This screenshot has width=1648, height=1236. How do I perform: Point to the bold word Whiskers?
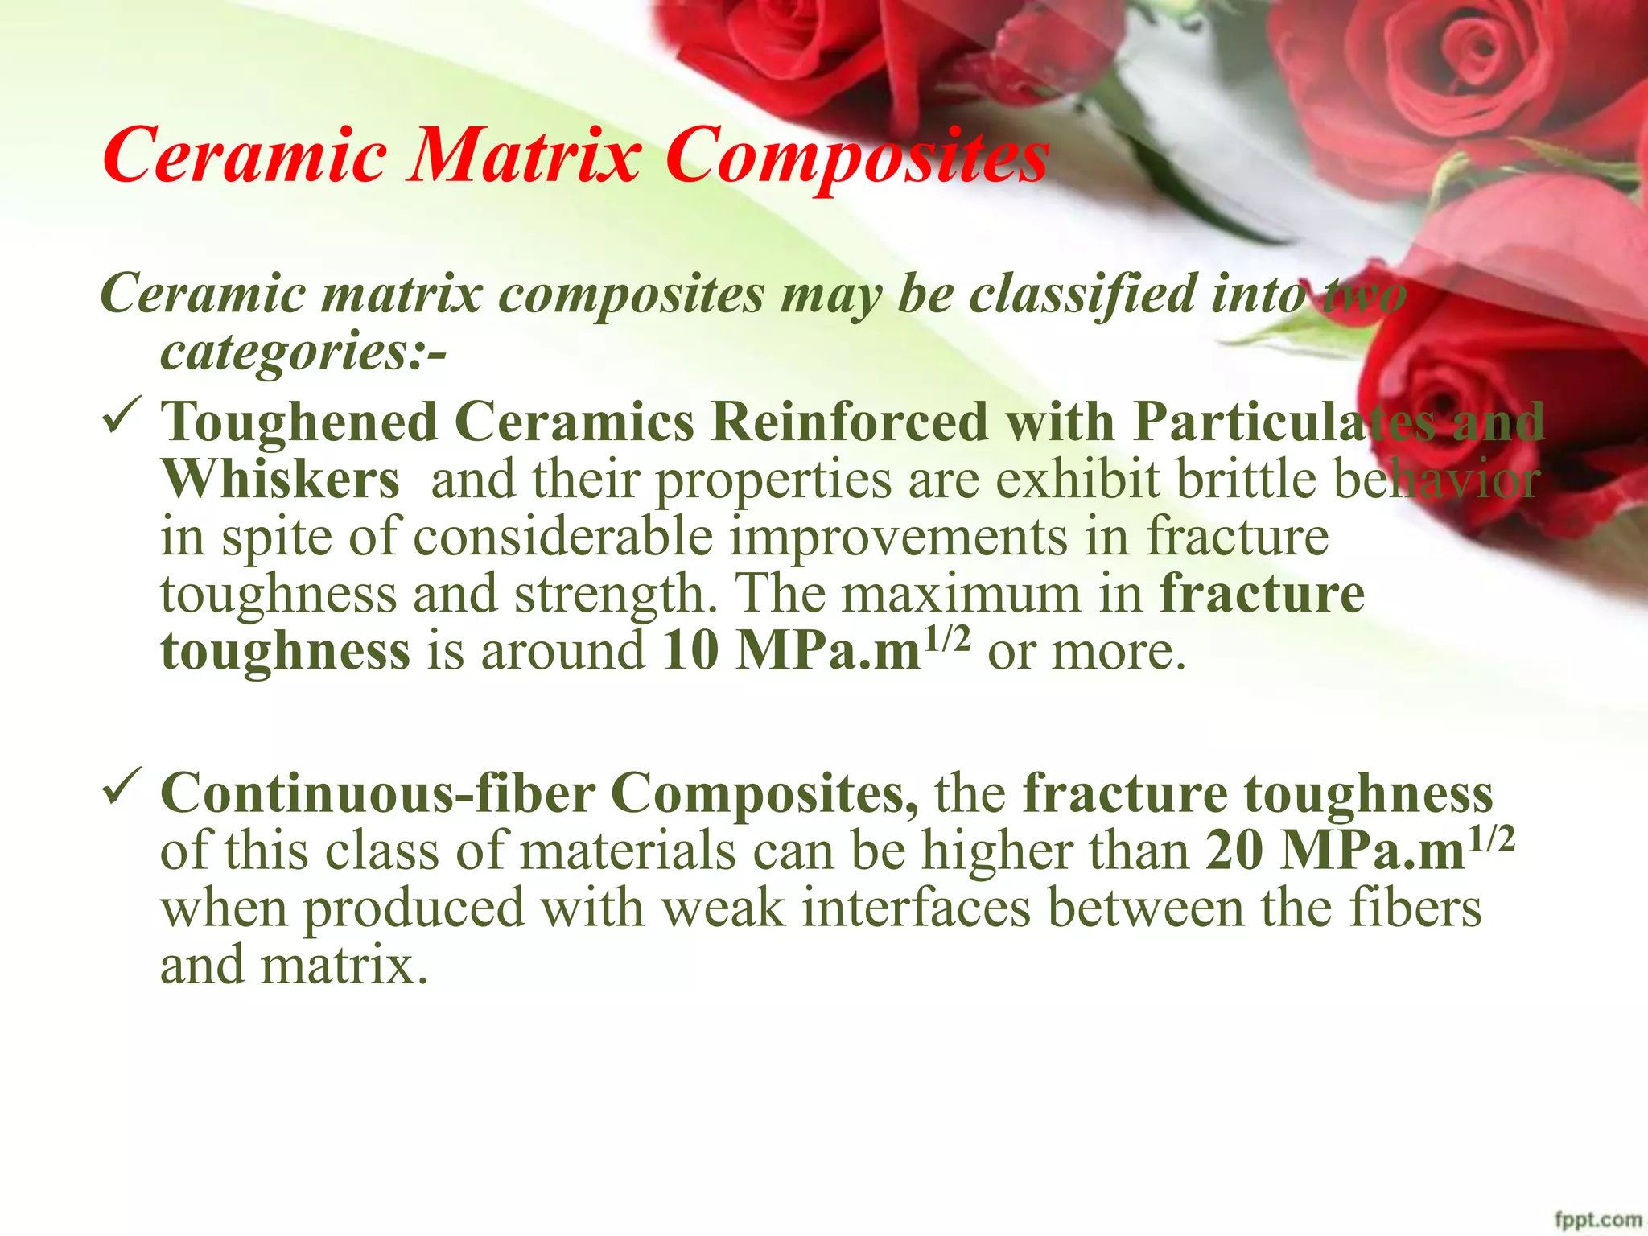pyautogui.click(x=280, y=480)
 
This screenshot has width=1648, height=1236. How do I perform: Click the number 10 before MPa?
pyautogui.click(x=690, y=651)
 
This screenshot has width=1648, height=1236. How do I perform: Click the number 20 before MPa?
pyautogui.click(x=1234, y=851)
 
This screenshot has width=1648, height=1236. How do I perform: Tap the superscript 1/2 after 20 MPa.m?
pyautogui.click(x=1491, y=839)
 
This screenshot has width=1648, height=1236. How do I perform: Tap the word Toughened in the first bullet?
pyautogui.click(x=299, y=422)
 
